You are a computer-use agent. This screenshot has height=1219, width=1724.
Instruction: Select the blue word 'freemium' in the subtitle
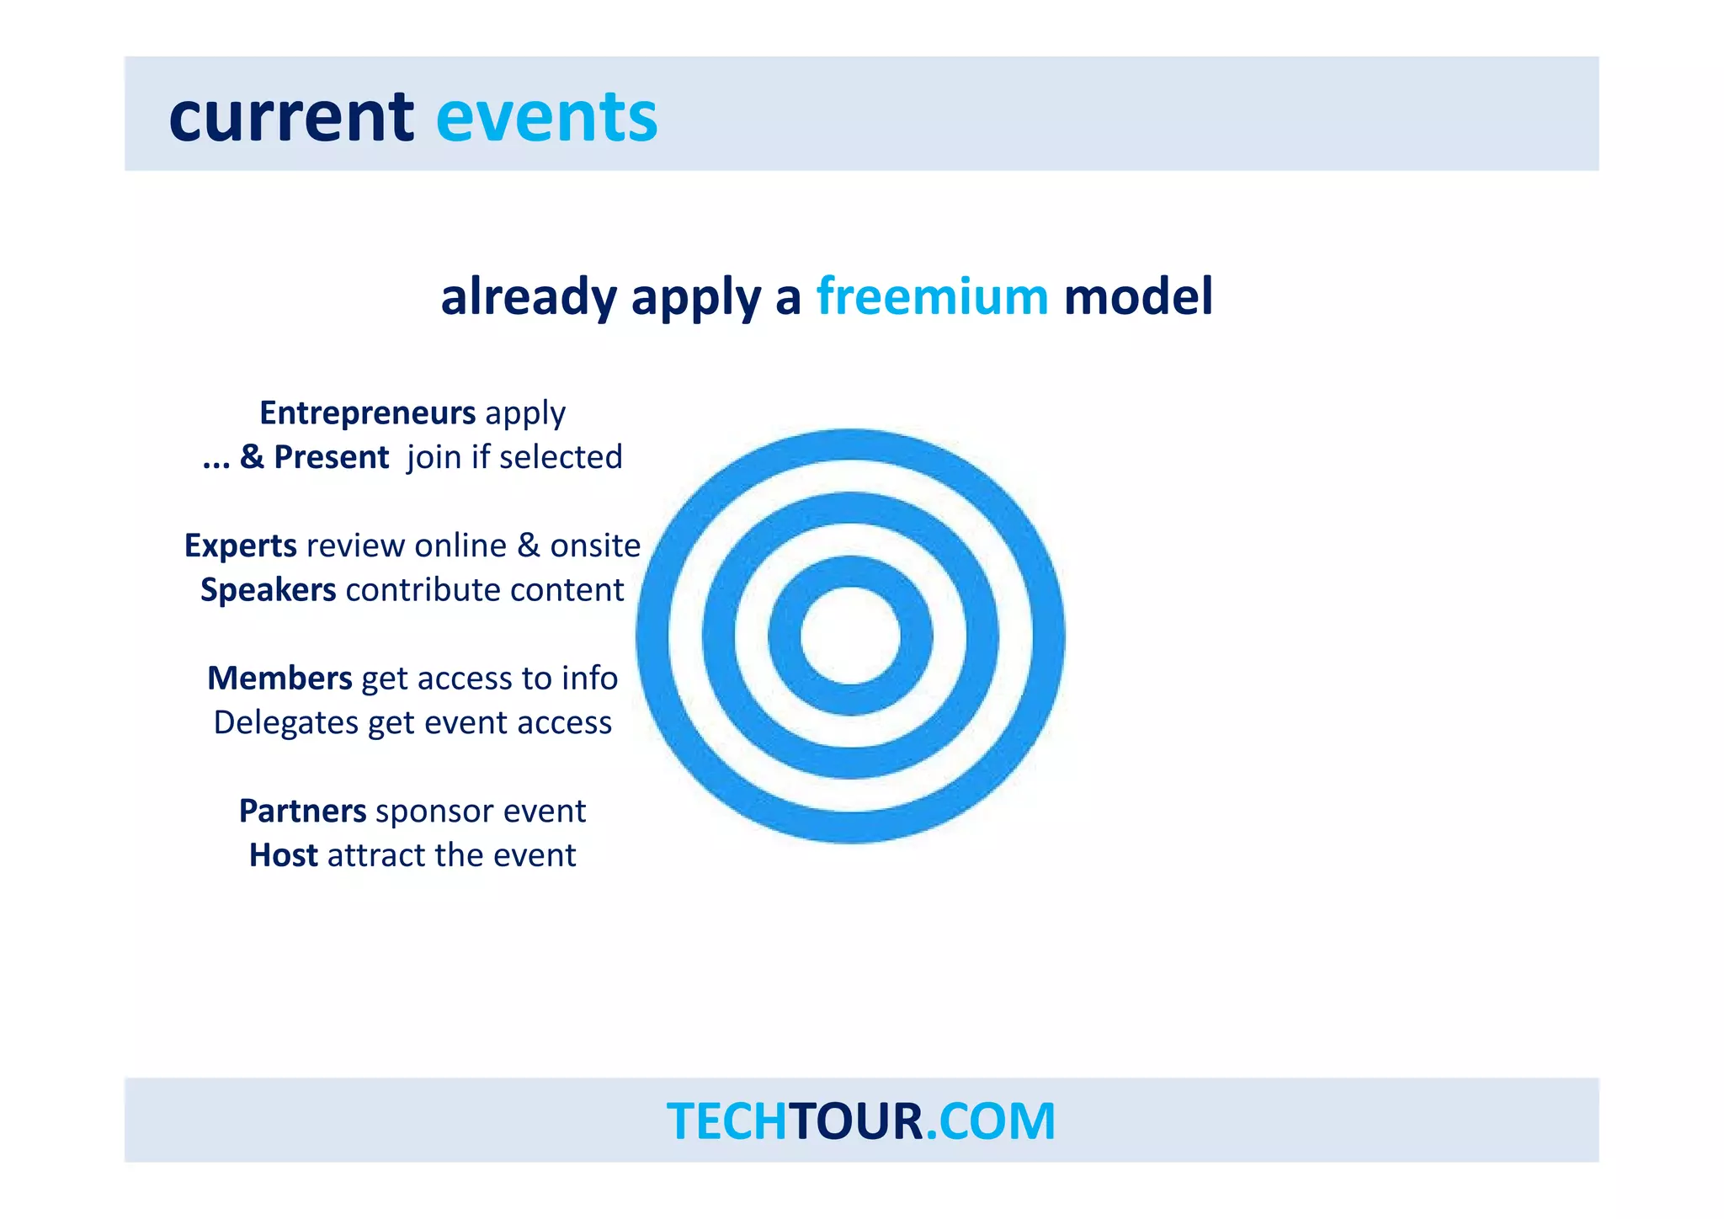[932, 296]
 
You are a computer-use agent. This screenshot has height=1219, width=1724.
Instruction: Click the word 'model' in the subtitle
[1138, 296]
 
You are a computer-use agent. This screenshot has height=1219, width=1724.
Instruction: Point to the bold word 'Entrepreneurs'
[367, 413]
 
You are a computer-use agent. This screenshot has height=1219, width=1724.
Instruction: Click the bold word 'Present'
[331, 457]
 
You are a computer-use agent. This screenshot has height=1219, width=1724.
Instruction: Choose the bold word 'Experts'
[240, 546]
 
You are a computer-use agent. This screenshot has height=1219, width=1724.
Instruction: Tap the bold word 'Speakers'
[268, 590]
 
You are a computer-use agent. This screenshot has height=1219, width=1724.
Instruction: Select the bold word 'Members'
[279, 679]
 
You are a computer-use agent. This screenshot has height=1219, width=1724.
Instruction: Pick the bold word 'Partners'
[302, 811]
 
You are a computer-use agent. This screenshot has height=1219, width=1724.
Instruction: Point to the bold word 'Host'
[283, 855]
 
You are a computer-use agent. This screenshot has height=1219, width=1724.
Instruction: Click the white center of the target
[850, 636]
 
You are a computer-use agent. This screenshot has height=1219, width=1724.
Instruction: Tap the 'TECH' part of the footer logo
[726, 1121]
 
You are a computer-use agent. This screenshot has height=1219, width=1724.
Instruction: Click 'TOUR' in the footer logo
[856, 1121]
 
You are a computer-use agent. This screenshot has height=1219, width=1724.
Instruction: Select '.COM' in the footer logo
[990, 1121]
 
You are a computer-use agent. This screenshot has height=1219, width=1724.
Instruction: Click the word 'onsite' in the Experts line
[595, 546]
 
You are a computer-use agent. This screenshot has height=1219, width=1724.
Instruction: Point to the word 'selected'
[560, 457]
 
